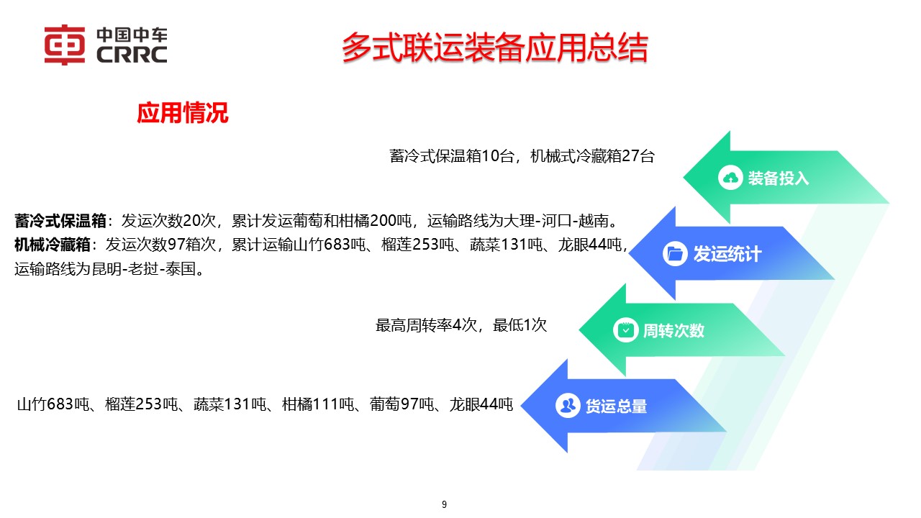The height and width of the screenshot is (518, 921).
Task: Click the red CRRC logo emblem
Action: pos(65,45)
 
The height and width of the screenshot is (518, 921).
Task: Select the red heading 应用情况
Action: pos(183,113)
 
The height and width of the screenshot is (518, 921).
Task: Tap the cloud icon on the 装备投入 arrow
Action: pos(730,178)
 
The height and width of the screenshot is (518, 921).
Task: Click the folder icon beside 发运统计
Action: pos(675,253)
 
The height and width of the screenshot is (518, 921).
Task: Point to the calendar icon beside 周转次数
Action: pos(625,330)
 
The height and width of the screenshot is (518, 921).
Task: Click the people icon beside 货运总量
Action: pos(568,406)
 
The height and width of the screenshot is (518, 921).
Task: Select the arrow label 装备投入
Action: pos(779,178)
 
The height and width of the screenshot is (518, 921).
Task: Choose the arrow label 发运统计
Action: pos(727,254)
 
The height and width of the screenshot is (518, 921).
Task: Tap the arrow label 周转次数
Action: pos(673,331)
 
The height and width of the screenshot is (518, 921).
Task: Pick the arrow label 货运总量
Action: pos(616,406)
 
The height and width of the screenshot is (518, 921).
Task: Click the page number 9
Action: pos(444,504)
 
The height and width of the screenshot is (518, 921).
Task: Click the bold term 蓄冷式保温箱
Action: pos(60,220)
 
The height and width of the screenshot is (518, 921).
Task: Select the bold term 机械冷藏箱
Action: pos(53,245)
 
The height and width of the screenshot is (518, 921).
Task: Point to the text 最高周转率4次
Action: pos(427,325)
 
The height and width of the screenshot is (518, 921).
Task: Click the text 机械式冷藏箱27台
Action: pos(592,156)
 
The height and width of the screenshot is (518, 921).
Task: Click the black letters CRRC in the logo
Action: pos(131,55)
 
